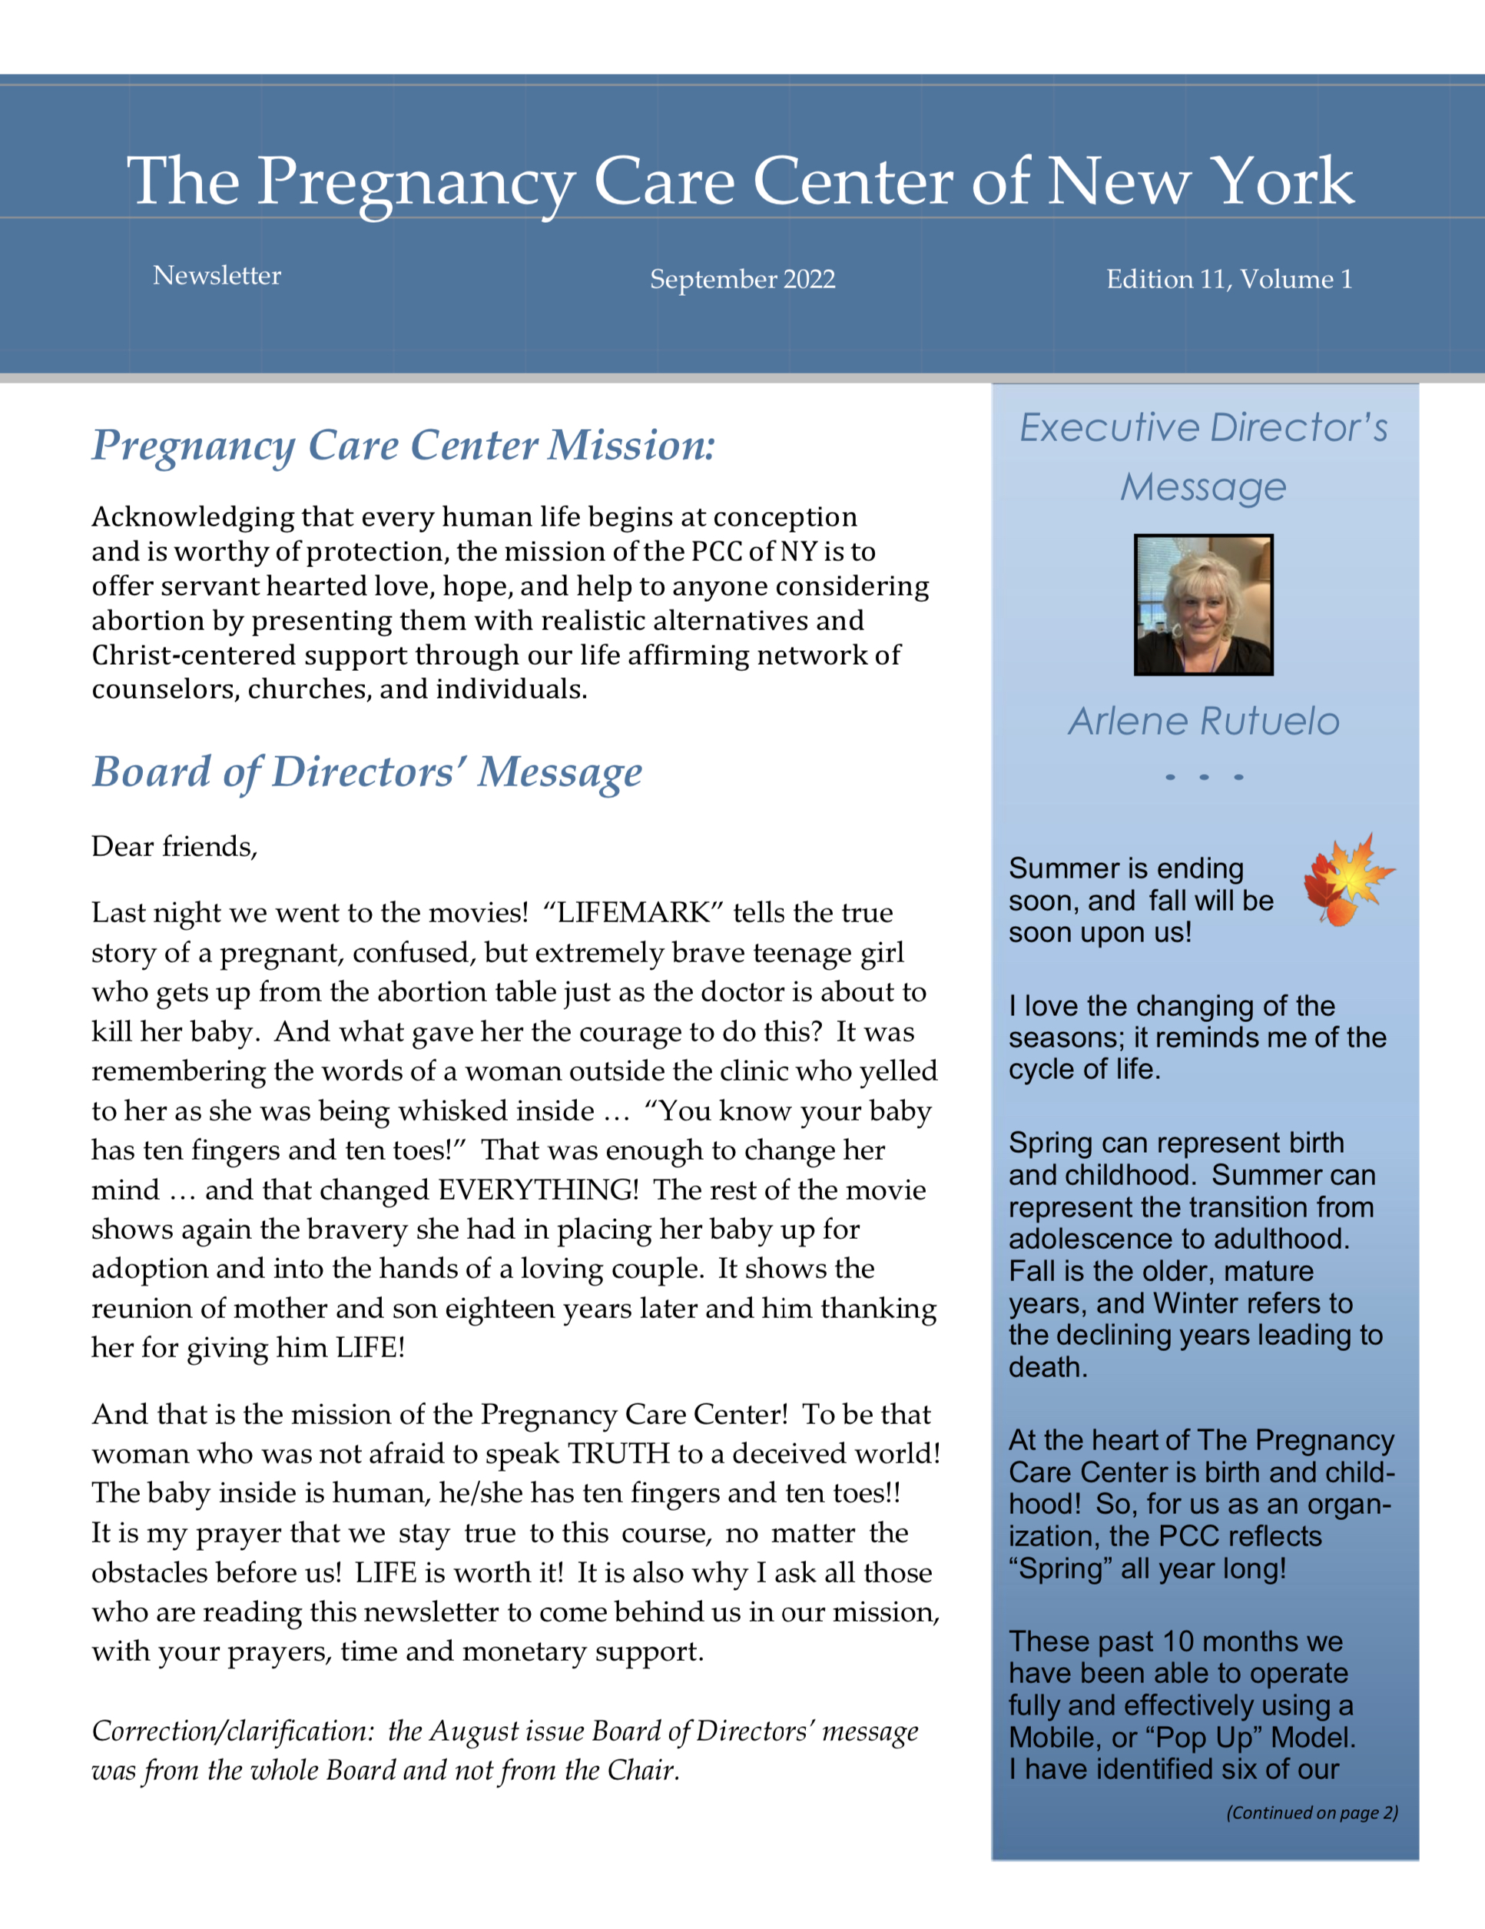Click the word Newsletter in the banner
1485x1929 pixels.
pyautogui.click(x=217, y=276)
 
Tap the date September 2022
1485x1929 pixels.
pyautogui.click(x=741, y=279)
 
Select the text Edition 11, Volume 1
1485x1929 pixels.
pyautogui.click(x=1228, y=279)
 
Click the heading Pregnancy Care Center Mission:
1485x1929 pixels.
pyautogui.click(x=403, y=445)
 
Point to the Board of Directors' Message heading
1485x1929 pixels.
pyautogui.click(x=367, y=772)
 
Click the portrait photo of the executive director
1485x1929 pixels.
pyautogui.click(x=1202, y=604)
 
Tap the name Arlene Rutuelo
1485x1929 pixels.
pyautogui.click(x=1203, y=722)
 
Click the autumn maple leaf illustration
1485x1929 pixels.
pyautogui.click(x=1347, y=879)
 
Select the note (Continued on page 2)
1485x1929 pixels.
pyautogui.click(x=1311, y=1812)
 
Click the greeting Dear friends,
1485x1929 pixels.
pyautogui.click(x=174, y=847)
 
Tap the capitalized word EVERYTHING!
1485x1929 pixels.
pyautogui.click(x=538, y=1190)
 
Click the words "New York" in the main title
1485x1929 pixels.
pyautogui.click(x=1201, y=181)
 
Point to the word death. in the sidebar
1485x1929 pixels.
pyautogui.click(x=1048, y=1367)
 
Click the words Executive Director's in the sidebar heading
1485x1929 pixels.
pyautogui.click(x=1203, y=427)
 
